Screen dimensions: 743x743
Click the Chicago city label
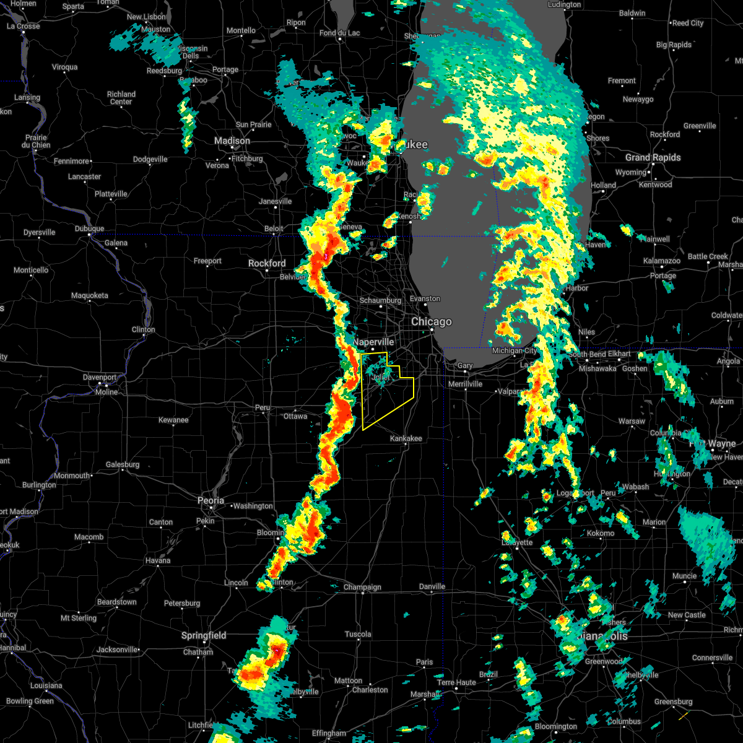(432, 322)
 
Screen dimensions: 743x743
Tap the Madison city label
(232, 141)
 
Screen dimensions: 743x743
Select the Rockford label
(267, 264)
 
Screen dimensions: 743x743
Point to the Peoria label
(211, 500)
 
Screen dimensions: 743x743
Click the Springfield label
(204, 636)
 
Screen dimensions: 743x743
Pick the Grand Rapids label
(653, 158)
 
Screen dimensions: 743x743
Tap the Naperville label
(373, 342)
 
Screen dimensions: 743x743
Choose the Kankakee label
(406, 439)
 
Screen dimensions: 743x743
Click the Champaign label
(362, 588)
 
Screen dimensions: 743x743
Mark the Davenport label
(100, 378)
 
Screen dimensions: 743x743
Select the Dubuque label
(90, 229)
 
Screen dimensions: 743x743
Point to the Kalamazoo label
(662, 261)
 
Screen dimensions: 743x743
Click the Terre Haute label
(456, 683)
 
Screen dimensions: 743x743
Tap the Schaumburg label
(380, 301)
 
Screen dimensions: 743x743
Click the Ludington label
(564, 5)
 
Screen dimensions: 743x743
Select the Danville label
(432, 586)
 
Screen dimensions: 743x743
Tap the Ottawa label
(295, 416)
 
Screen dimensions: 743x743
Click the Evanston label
(425, 299)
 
